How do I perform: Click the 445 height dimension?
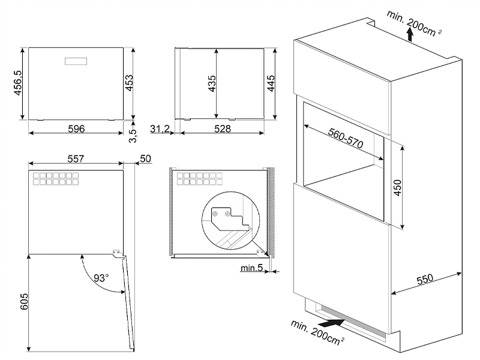[x=271, y=82]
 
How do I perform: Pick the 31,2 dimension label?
[x=160, y=128]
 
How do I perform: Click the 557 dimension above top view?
[x=74, y=158]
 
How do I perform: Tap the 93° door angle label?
[x=101, y=278]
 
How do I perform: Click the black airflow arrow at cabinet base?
[x=334, y=323]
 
